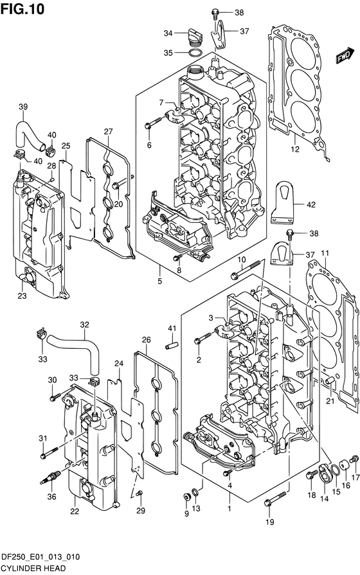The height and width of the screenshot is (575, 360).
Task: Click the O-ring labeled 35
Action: pos(195,53)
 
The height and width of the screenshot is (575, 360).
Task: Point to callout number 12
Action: pos(295,149)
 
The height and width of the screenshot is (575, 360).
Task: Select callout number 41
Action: pos(172,328)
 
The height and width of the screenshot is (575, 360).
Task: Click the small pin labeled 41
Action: pos(172,346)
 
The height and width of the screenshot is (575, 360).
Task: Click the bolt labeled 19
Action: pos(274,499)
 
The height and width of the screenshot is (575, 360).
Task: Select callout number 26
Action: pos(146,340)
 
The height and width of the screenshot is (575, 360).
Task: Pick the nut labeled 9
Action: pos(187,498)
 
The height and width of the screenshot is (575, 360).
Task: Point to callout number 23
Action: pos(22,296)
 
